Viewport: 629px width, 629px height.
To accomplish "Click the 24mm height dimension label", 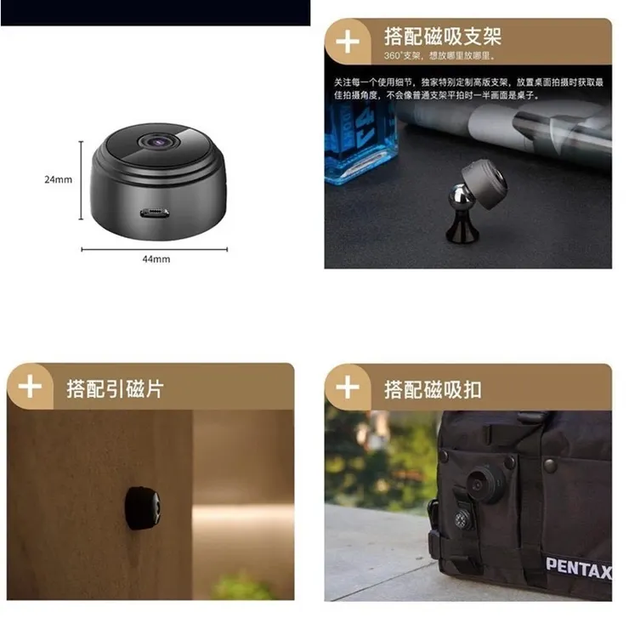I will (x=58, y=179).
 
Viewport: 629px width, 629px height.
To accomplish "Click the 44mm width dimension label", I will (x=156, y=259).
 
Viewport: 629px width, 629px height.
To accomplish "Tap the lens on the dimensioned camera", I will (x=158, y=140).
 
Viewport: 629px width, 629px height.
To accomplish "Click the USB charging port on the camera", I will (x=156, y=212).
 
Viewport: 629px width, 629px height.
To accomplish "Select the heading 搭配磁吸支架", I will (x=442, y=37).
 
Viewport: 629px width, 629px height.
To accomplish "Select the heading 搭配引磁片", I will (x=115, y=389).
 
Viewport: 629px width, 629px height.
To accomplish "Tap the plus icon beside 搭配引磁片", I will (x=30, y=388).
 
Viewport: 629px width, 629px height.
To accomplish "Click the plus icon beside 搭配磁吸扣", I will (x=348, y=388).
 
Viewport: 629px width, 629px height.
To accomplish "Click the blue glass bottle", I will (x=356, y=144).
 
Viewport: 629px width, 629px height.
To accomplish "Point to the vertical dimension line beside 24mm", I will (x=82, y=180).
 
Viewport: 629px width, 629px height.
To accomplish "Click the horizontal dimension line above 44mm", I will (x=155, y=249).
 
